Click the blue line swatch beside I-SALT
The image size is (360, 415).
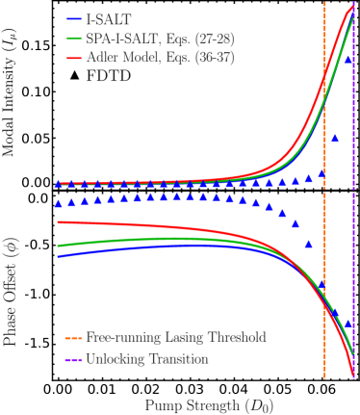tap(73, 17)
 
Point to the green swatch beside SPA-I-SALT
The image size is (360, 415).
tap(73, 38)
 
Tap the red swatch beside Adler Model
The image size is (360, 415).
tap(73, 58)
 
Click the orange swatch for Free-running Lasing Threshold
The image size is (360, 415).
tap(73, 339)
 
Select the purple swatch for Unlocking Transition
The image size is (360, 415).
tap(73, 359)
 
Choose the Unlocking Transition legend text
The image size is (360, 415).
tap(147, 359)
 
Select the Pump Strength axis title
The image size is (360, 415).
tap(209, 405)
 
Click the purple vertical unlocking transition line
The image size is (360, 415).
tap(356, 241)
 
